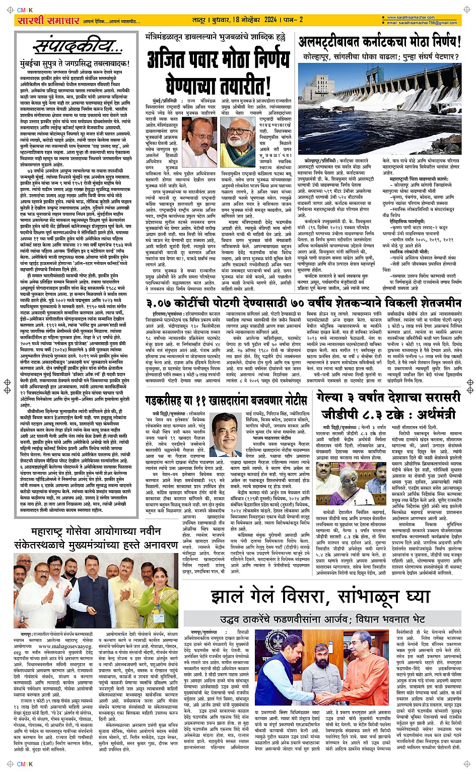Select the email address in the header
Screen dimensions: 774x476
click(x=422, y=23)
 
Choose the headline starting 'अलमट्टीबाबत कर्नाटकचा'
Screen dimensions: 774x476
click(x=379, y=42)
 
